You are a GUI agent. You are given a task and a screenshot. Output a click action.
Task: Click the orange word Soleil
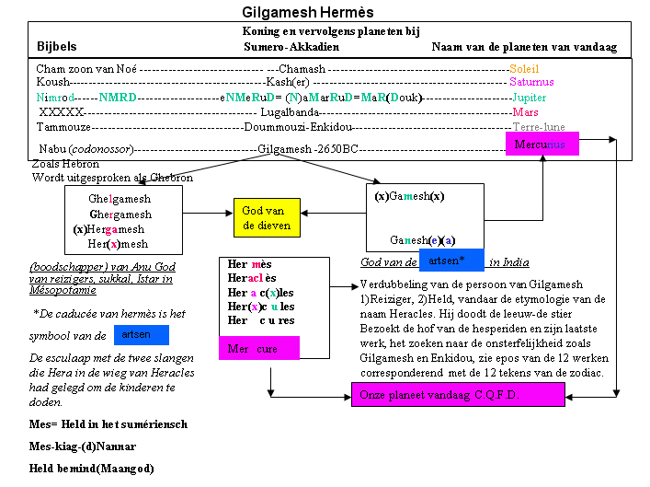[x=524, y=69]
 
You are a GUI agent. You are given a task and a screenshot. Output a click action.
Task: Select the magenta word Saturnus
[x=532, y=83]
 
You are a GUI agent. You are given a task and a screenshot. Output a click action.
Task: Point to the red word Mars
[x=524, y=111]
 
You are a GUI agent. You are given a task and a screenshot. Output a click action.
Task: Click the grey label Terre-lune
[x=538, y=126]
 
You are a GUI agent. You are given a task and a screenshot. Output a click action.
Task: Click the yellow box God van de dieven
[x=268, y=218]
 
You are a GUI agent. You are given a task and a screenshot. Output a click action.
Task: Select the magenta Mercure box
[x=259, y=350]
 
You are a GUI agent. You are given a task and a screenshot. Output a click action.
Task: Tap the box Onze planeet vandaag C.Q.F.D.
[x=458, y=395]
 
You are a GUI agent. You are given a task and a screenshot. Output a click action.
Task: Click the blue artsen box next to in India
[x=451, y=261]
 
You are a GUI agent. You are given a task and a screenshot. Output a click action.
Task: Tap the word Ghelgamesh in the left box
[x=120, y=199]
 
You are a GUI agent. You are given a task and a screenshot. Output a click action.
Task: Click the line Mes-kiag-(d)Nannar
[x=83, y=447]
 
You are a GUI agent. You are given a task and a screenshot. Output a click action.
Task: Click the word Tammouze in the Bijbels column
[x=63, y=126]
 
